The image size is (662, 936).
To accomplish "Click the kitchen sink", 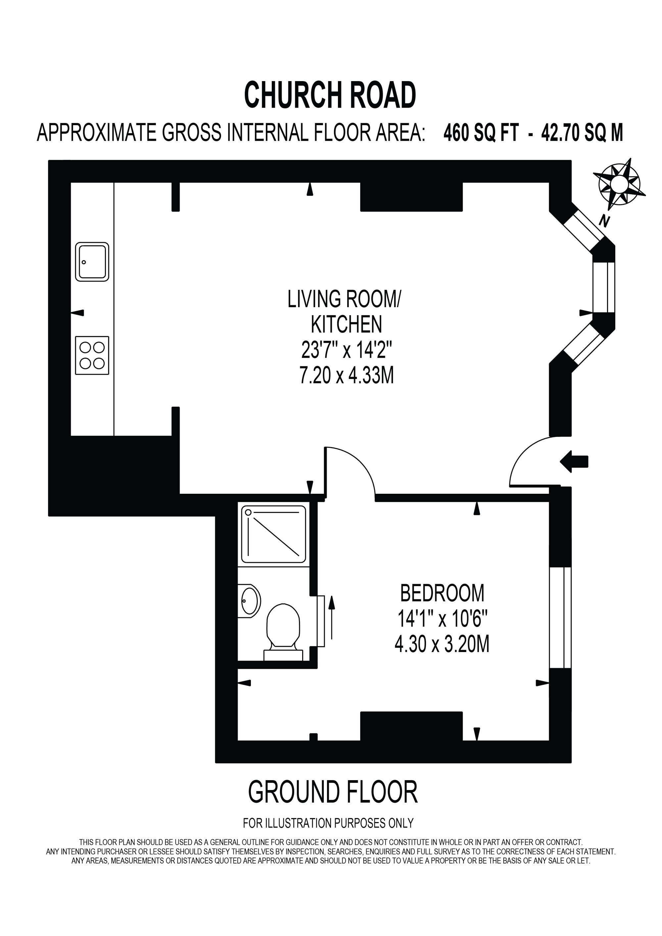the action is (x=93, y=262).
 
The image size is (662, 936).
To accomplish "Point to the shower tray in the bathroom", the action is (x=274, y=534).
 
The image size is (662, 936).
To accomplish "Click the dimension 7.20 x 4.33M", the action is (x=347, y=375).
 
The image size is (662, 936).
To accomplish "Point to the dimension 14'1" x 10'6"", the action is (x=442, y=619).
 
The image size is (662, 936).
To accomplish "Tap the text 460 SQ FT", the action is (x=481, y=133).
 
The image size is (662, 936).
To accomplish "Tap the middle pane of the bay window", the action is (x=604, y=287).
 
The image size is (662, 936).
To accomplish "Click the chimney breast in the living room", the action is (x=411, y=197).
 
